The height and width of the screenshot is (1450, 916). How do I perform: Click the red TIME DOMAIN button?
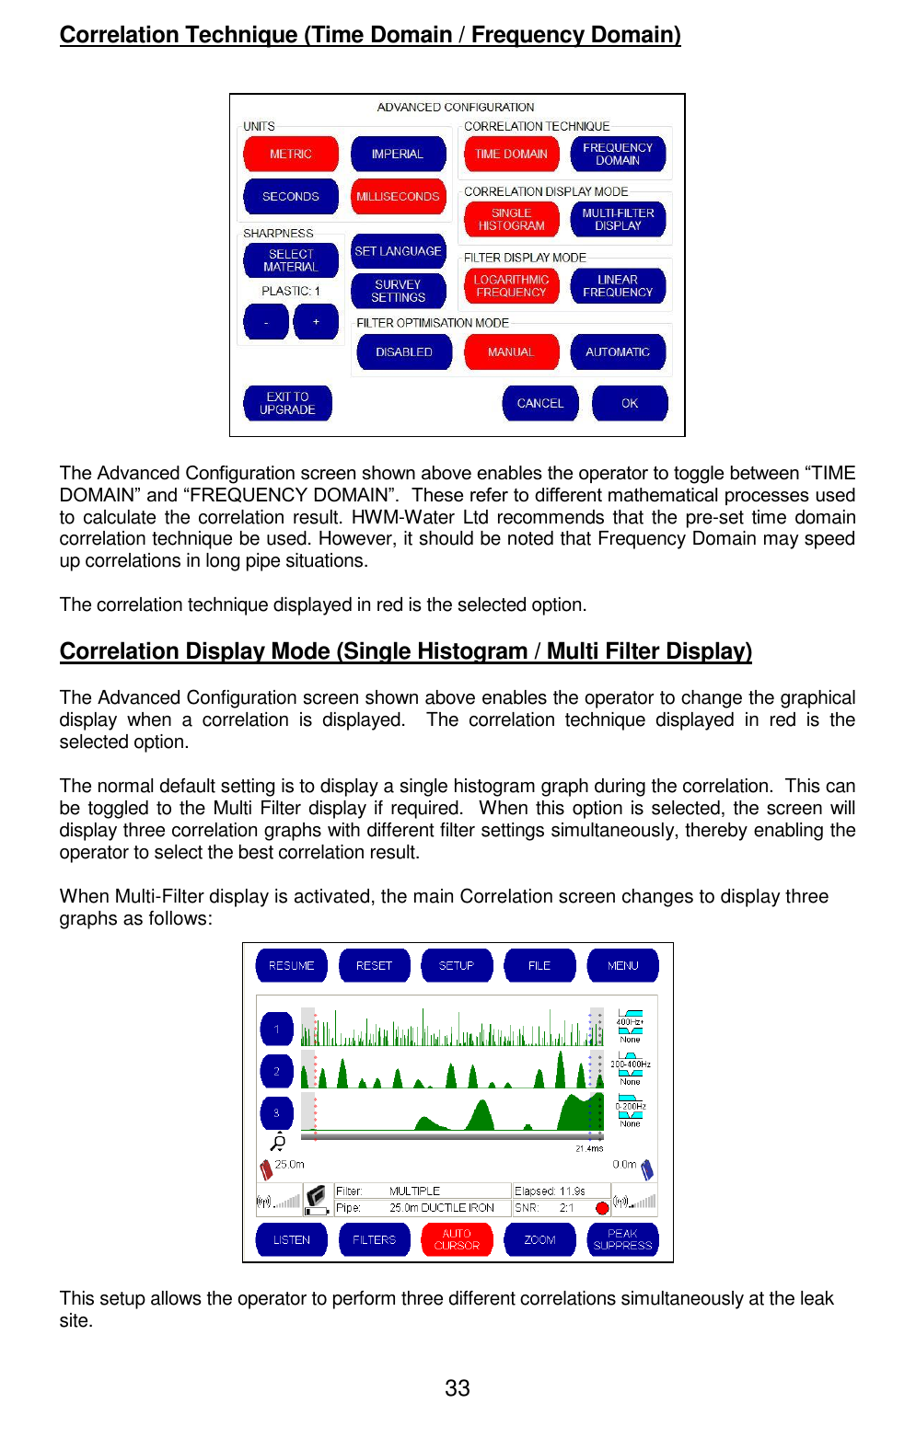tap(511, 155)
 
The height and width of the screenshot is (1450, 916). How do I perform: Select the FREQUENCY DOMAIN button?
tap(617, 155)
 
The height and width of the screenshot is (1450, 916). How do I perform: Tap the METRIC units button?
tap(291, 155)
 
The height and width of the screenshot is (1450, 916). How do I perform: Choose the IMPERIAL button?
tap(398, 155)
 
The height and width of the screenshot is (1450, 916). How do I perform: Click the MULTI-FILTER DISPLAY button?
tap(617, 220)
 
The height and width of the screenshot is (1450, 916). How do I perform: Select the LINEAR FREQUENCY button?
tap(617, 286)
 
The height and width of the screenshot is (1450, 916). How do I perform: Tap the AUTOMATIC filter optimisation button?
tap(617, 352)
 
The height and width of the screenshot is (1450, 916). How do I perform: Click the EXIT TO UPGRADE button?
tap(287, 404)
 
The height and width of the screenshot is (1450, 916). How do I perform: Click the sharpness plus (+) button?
tap(316, 322)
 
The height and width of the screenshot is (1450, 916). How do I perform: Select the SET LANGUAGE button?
tap(398, 251)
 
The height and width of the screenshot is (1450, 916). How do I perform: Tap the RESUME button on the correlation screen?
tap(291, 966)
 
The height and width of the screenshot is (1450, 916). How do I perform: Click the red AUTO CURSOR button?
tap(457, 1240)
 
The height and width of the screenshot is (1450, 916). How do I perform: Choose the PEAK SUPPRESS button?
tap(622, 1240)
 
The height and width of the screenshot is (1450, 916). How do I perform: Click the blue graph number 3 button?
tap(276, 1113)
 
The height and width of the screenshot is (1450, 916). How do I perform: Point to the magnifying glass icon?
tap(277, 1143)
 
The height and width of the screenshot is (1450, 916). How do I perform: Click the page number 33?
tap(458, 1388)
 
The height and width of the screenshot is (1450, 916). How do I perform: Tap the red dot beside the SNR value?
tap(602, 1208)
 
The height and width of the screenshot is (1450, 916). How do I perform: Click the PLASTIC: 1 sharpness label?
tap(291, 291)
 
